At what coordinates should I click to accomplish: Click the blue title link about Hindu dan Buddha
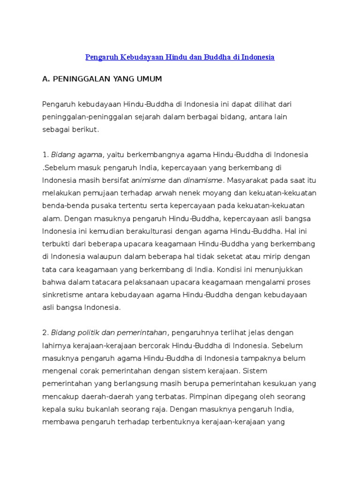[x=180, y=57]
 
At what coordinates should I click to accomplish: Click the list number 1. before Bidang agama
[x=45, y=155]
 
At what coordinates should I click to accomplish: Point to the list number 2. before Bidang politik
[x=45, y=333]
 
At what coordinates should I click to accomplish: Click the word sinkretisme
[x=64, y=295]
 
